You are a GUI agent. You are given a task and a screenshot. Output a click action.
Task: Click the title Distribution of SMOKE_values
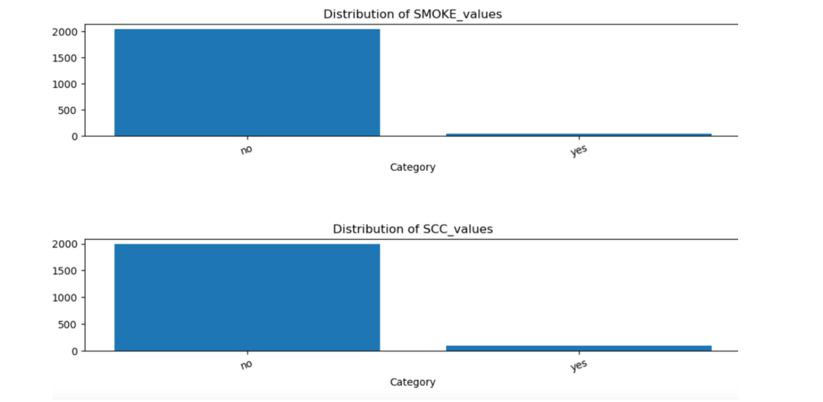coord(412,14)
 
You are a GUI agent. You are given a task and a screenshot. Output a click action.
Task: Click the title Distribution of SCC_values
coord(412,229)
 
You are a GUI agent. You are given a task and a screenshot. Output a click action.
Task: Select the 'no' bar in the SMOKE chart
coord(247,82)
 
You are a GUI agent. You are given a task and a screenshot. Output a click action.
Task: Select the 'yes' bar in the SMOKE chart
coord(578,134)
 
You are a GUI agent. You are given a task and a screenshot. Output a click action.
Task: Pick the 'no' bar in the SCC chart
coord(247,298)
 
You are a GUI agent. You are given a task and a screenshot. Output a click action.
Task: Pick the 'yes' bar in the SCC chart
coord(578,348)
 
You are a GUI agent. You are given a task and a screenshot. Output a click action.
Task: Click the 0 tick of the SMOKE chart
coord(74,136)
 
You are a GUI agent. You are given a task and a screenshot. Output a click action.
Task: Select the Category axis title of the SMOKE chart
coord(412,167)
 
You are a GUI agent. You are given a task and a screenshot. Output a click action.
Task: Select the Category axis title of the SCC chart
coord(412,382)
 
